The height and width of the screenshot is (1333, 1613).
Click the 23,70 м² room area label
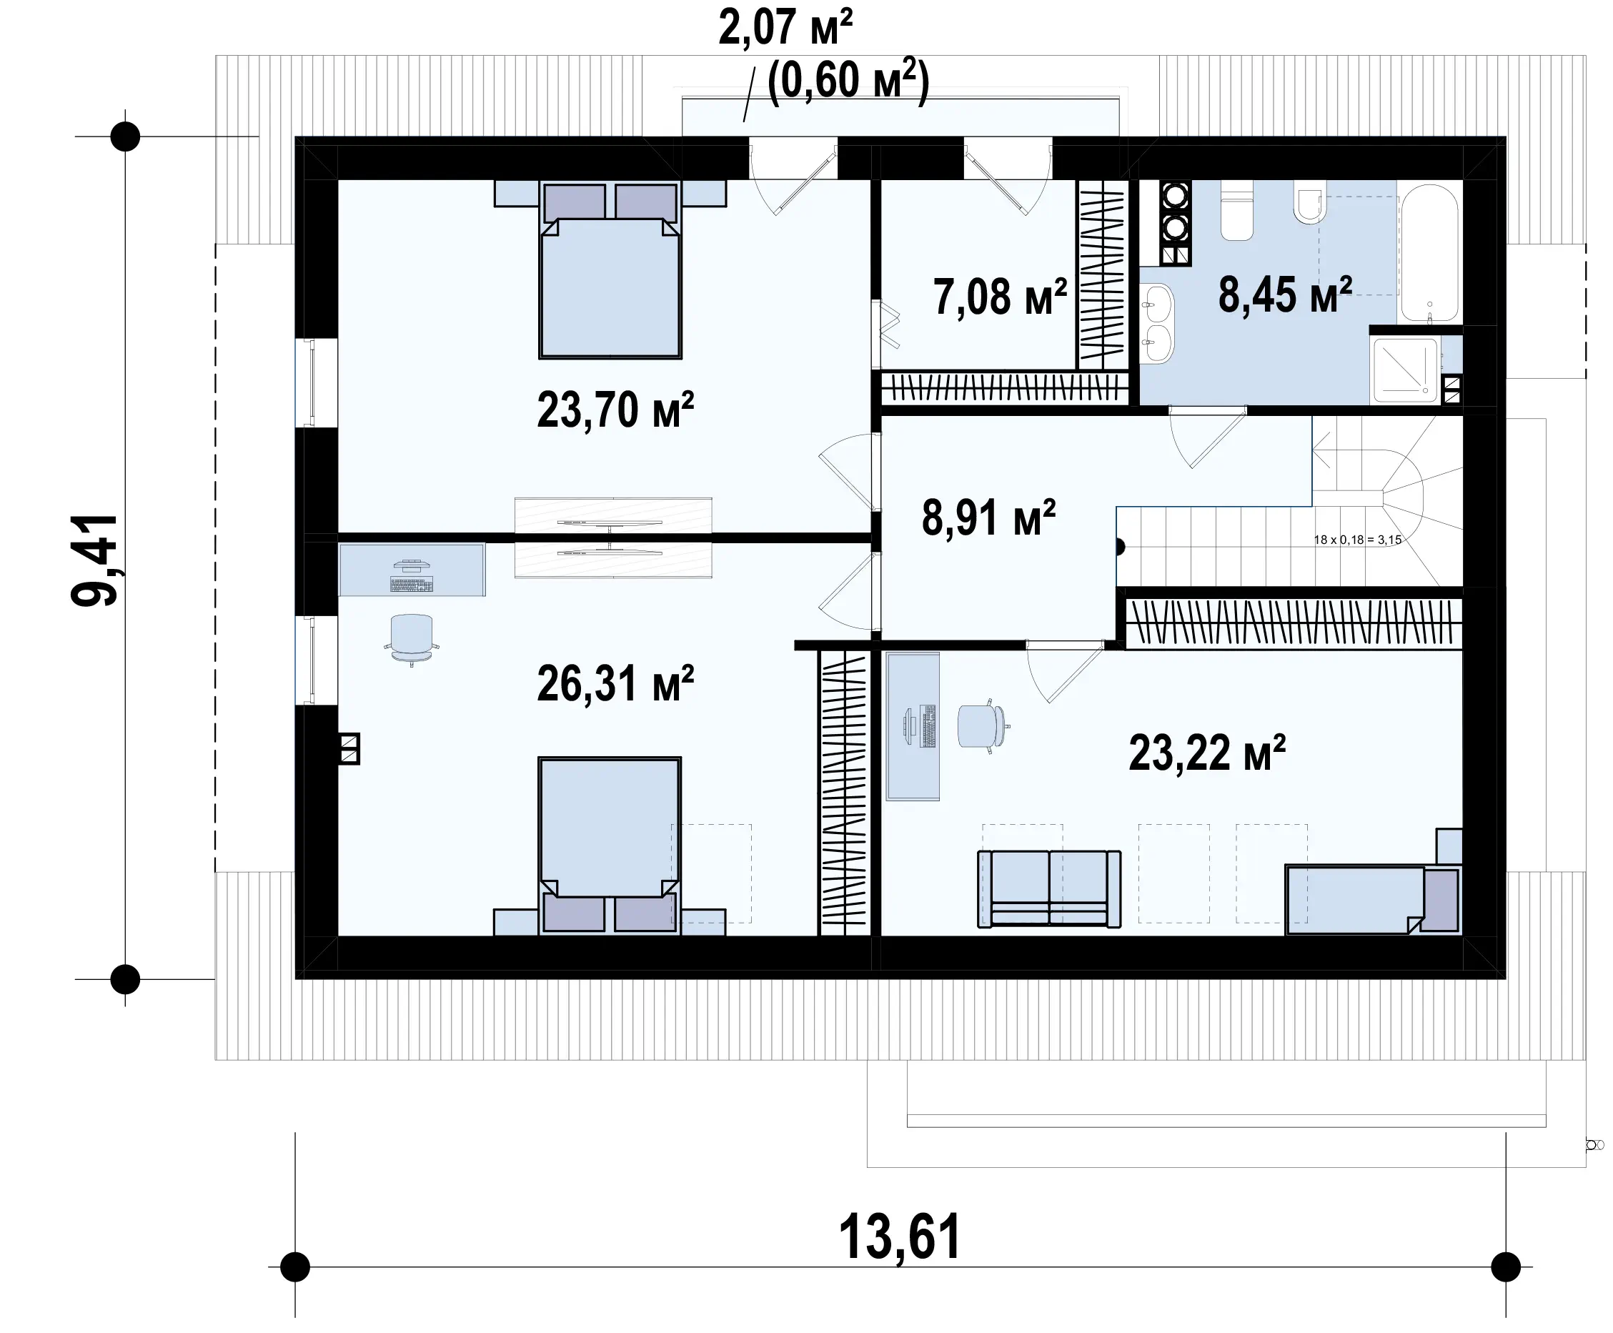[615, 410]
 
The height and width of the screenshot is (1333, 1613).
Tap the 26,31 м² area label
[615, 683]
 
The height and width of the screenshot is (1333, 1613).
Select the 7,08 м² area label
[1000, 297]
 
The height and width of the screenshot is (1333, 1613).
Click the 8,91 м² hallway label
[989, 517]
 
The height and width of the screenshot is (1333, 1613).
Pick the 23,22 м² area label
[1207, 753]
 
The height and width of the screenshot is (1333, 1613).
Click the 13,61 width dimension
[899, 1237]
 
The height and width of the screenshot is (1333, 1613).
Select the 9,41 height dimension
[94, 560]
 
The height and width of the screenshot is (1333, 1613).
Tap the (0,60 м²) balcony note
[848, 79]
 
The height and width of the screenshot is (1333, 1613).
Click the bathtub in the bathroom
[1429, 252]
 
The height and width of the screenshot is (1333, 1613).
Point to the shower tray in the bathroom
[1405, 370]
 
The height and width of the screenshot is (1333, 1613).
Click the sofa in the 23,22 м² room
[1048, 888]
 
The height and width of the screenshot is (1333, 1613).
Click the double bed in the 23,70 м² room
[610, 269]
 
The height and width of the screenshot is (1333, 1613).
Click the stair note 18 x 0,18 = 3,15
[1357, 540]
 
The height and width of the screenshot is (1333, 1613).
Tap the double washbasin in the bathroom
[1157, 322]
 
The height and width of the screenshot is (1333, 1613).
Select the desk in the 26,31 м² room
[412, 570]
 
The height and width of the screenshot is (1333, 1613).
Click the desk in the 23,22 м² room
[913, 726]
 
